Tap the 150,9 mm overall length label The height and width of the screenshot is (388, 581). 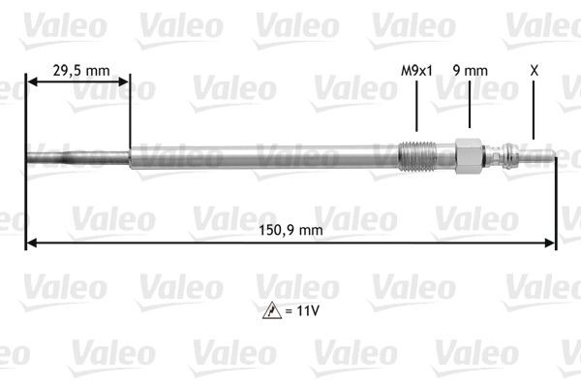(x=290, y=230)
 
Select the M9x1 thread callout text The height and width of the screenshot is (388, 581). (x=416, y=70)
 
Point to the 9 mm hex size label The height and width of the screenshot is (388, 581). (x=469, y=70)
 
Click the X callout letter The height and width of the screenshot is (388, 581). (x=534, y=70)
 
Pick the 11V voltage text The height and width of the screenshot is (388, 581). (x=304, y=312)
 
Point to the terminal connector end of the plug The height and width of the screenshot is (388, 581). (x=528, y=154)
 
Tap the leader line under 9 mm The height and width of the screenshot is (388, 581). (x=469, y=109)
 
